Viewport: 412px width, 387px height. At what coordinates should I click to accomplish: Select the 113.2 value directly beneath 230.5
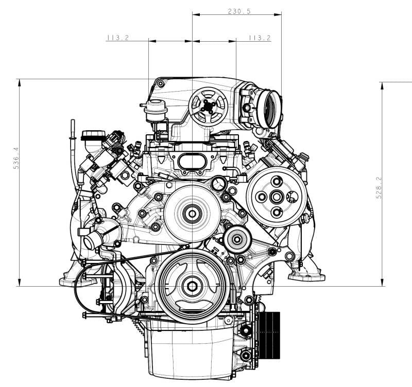tap(259, 38)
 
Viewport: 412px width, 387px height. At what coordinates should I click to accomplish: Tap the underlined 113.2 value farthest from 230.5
tap(117, 38)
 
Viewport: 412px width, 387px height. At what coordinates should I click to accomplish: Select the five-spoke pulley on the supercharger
tap(208, 105)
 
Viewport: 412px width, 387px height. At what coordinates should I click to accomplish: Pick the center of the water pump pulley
tap(192, 211)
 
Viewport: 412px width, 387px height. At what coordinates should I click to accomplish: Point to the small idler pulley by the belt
tap(236, 238)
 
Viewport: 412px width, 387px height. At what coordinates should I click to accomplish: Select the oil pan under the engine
tap(191, 355)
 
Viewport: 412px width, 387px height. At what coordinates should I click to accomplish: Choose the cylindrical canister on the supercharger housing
tap(154, 111)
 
